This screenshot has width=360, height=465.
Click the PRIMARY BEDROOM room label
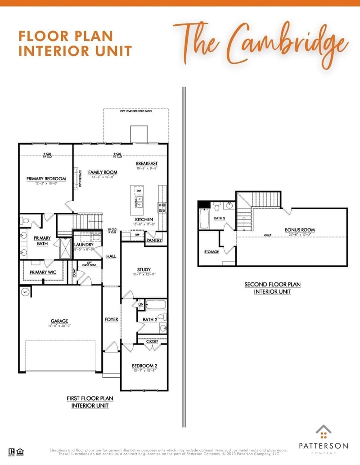click(46, 179)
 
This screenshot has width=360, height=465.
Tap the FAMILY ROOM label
click(103, 172)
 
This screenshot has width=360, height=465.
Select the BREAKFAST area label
click(147, 163)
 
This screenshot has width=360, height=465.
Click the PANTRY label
click(154, 241)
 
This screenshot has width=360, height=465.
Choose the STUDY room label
click(144, 270)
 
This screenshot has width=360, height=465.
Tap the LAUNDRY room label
click(84, 245)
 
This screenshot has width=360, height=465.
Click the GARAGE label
click(59, 321)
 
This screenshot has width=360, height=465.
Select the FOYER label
click(111, 320)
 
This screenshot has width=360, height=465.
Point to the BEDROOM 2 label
click(144, 366)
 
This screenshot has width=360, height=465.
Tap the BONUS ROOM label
click(300, 230)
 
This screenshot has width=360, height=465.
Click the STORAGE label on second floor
click(211, 252)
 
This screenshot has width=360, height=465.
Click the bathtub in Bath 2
click(156, 305)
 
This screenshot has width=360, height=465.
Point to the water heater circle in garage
click(25, 292)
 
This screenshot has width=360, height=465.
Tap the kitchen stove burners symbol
click(162, 207)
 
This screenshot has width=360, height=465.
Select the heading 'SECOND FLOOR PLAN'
click(272, 284)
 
